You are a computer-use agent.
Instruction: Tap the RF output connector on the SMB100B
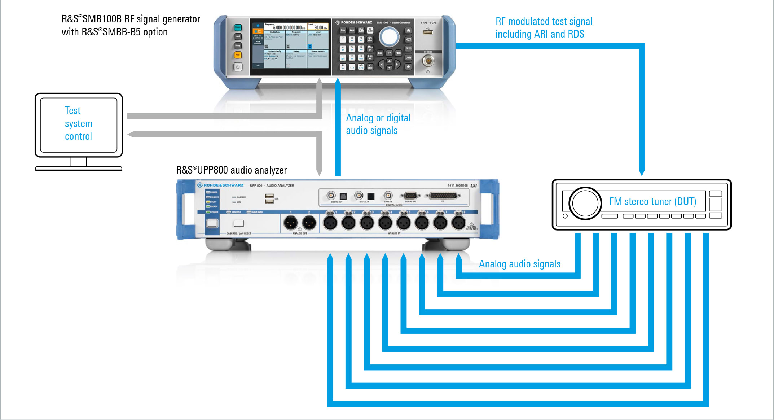pos(428,61)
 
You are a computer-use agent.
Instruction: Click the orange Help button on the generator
pos(238,55)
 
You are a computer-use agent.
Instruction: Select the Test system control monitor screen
pos(79,124)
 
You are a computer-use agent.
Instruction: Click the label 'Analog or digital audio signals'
pos(378,124)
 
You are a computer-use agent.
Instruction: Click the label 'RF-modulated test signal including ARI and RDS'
pos(544,28)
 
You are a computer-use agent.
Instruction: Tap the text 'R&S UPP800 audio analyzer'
pos(231,170)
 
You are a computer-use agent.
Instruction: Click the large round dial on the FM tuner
pos(585,204)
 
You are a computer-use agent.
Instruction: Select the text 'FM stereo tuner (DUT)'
pos(652,201)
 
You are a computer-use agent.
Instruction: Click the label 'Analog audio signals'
pos(519,264)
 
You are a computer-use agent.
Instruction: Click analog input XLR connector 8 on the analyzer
pos(458,223)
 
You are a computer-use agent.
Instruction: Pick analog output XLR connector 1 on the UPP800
pos(290,223)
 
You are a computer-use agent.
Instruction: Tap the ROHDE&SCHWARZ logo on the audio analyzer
pos(220,185)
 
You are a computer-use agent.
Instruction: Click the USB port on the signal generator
pos(428,32)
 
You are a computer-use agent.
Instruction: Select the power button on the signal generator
pos(238,67)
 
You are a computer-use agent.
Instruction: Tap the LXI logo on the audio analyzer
pos(474,185)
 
